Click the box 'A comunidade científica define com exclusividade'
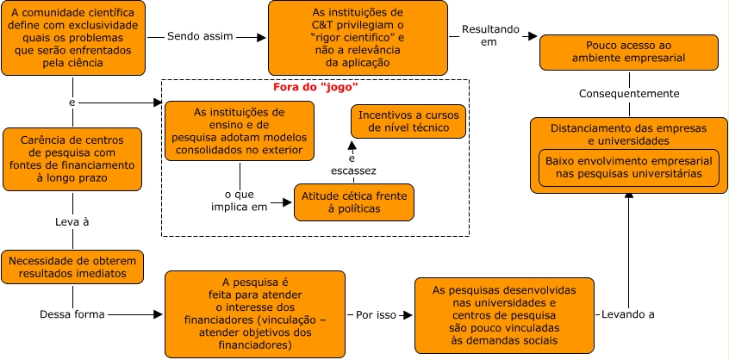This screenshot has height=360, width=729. (72, 38)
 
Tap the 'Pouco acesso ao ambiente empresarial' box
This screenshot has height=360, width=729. (629, 53)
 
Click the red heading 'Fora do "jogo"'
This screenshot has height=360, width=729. (315, 87)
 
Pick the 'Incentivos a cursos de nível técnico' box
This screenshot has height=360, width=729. (408, 121)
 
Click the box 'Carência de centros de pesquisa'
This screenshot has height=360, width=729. (72, 159)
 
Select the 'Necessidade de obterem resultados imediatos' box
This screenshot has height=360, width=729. (72, 266)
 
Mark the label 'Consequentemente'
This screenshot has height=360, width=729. (629, 93)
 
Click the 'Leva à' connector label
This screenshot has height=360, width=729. (72, 221)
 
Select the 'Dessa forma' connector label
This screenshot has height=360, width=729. (72, 313)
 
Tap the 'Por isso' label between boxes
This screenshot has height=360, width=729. (377, 314)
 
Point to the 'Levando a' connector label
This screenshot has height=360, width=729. (628, 313)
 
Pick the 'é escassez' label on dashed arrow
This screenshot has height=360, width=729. (351, 164)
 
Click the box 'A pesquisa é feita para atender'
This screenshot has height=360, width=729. (254, 313)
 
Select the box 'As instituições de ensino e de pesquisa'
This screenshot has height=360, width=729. (239, 132)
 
